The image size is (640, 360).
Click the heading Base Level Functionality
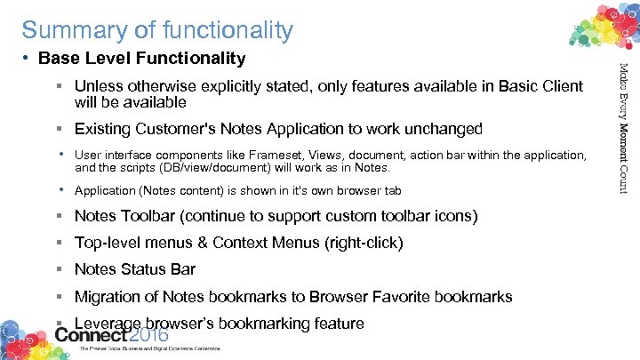point(142,59)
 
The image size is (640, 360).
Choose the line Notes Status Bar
point(135,269)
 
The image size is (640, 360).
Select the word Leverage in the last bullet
point(108,323)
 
